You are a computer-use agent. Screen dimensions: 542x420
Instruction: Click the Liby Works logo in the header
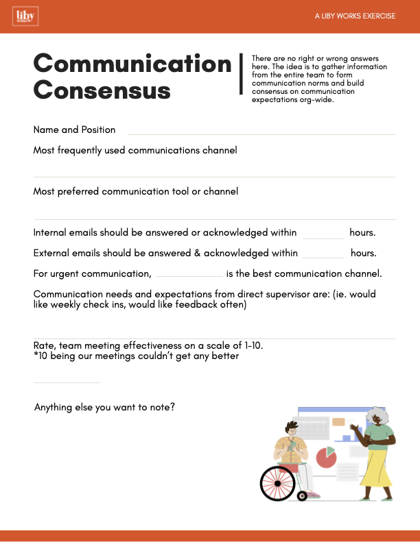(x=25, y=16)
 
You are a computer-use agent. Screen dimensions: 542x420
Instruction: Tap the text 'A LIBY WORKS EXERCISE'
(x=355, y=16)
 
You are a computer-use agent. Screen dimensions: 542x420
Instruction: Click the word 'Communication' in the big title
(x=132, y=64)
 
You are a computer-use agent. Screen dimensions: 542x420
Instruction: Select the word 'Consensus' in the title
(x=102, y=90)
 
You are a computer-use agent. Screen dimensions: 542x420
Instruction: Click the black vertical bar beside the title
(x=241, y=73)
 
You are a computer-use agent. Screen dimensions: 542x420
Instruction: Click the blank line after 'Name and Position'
(x=261, y=134)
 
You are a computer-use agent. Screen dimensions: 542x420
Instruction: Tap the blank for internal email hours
(x=323, y=237)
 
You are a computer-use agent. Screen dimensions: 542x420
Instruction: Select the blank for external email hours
(x=323, y=257)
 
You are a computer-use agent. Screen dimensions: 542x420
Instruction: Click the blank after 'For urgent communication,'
(x=189, y=276)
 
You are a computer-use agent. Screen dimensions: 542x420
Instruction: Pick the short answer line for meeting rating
(x=67, y=382)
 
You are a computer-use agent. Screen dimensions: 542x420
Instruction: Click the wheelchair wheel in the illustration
(x=278, y=483)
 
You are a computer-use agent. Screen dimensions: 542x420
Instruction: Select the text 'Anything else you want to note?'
(x=104, y=407)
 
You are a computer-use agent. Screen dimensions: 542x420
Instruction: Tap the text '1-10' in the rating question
(x=254, y=345)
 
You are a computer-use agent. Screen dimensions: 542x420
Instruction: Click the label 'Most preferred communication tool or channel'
(x=136, y=192)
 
